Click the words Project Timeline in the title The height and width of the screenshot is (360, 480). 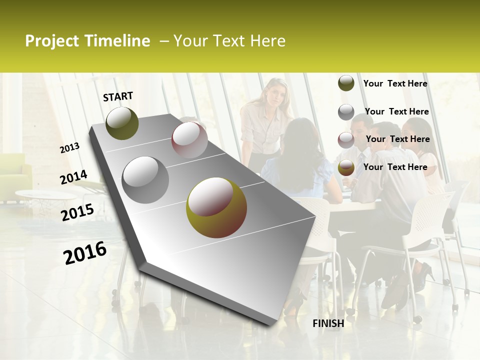click(x=87, y=41)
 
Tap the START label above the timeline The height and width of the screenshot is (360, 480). click(x=118, y=96)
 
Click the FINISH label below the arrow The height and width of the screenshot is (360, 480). click(x=328, y=323)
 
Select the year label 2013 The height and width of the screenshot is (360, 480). click(x=70, y=148)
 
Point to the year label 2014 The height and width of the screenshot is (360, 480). click(x=73, y=177)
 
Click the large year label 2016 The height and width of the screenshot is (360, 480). click(x=85, y=252)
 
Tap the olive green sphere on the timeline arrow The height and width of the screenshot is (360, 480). click(x=122, y=123)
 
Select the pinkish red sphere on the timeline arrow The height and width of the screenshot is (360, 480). click(x=189, y=140)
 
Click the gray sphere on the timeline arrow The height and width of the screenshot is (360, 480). click(x=145, y=179)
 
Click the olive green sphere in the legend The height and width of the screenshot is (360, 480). click(x=346, y=83)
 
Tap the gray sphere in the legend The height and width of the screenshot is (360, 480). click(x=346, y=112)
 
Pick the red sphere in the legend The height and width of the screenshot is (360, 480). click(x=346, y=140)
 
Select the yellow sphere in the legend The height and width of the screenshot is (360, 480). click(x=346, y=168)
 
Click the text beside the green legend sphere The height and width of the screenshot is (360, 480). click(x=395, y=83)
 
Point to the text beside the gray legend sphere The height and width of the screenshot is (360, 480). click(x=396, y=111)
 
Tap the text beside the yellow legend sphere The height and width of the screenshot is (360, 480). click(x=395, y=167)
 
